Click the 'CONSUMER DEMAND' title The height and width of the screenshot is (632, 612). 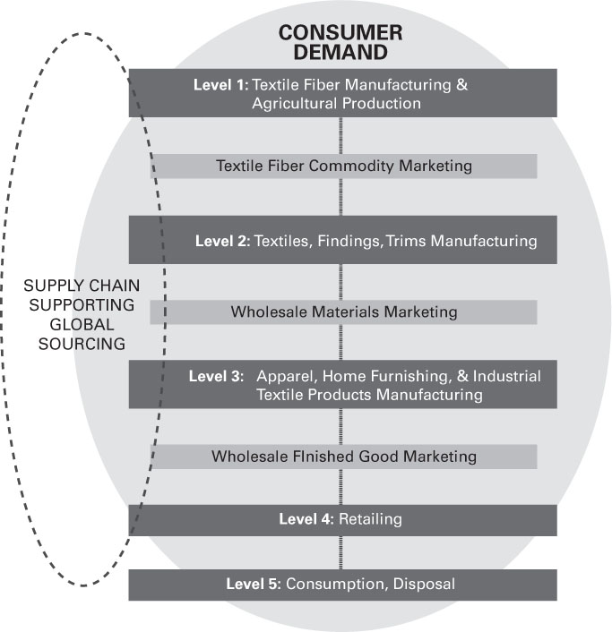click(x=340, y=42)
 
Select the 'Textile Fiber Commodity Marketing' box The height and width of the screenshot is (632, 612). click(x=343, y=166)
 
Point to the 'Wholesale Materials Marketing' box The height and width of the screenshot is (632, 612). click(x=343, y=312)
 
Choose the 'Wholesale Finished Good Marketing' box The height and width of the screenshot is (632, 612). click(x=343, y=457)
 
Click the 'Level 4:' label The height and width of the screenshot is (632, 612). click(x=306, y=519)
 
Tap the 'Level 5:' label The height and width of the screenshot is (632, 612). click(x=254, y=585)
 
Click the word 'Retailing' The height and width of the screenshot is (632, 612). click(x=370, y=519)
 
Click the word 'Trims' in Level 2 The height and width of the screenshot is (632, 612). click(x=406, y=241)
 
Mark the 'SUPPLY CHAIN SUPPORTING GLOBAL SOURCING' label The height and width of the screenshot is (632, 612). click(x=82, y=314)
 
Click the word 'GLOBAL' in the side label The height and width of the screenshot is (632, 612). click(x=82, y=324)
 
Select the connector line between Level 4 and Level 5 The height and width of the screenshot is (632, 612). click(x=341, y=552)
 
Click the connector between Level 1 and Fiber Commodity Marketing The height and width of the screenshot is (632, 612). click(x=341, y=135)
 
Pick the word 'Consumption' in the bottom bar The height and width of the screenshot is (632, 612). click(x=328, y=585)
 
